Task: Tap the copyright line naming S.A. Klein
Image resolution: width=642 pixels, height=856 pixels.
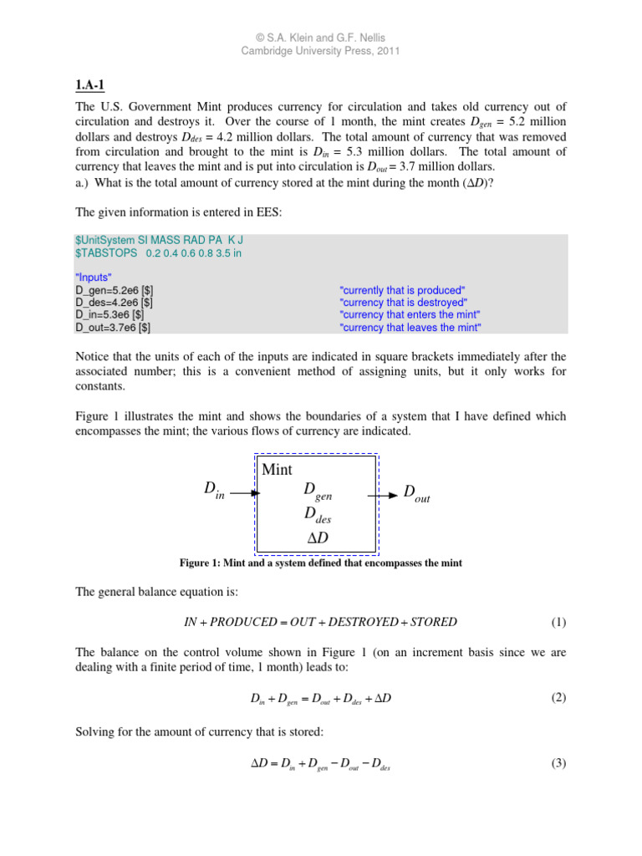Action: [x=321, y=37]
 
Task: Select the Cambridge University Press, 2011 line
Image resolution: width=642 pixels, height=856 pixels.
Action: [x=321, y=51]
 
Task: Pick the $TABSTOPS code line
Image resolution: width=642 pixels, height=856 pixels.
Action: [x=158, y=253]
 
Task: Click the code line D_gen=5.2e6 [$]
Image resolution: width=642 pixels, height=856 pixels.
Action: [x=114, y=289]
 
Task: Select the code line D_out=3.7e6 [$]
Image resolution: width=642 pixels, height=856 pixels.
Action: [x=114, y=328]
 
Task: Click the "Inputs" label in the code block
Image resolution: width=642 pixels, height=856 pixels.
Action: [x=94, y=277]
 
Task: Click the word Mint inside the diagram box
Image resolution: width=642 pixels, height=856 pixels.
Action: [x=277, y=470]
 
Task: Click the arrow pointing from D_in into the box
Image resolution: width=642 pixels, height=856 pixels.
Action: [x=246, y=493]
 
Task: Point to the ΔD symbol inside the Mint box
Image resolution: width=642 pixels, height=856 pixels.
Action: [x=318, y=538]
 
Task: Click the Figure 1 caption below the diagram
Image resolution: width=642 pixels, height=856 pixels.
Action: [x=321, y=563]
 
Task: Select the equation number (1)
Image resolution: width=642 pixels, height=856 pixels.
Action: [x=558, y=623]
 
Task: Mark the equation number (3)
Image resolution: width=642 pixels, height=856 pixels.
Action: [x=558, y=764]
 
